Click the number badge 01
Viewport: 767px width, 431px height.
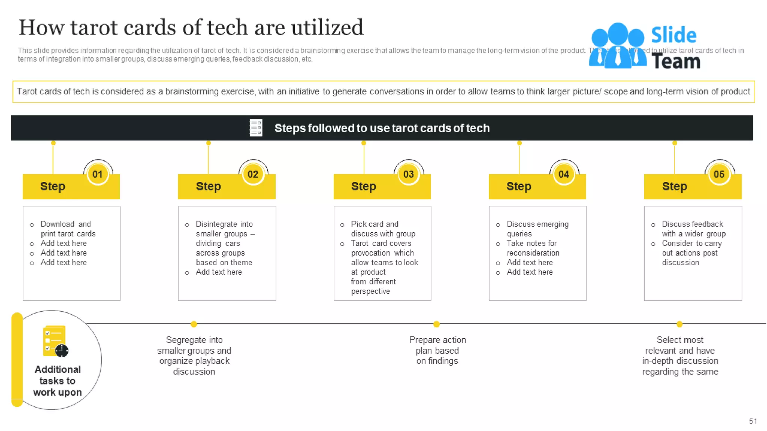point(97,174)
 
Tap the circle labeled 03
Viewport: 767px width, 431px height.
point(408,174)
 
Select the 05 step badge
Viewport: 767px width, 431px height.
point(719,174)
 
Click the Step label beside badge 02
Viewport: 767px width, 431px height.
point(208,186)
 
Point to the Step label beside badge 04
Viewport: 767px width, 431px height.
point(519,186)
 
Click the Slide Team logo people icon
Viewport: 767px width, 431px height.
point(618,46)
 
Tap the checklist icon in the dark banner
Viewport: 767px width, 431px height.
point(256,128)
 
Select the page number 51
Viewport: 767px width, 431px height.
point(753,421)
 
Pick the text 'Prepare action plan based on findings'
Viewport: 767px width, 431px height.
point(437,351)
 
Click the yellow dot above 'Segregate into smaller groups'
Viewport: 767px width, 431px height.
point(194,324)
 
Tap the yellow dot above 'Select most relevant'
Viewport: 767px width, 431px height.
point(679,324)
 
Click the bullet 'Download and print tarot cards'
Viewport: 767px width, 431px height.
point(68,229)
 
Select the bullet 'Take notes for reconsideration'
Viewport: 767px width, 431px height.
point(533,248)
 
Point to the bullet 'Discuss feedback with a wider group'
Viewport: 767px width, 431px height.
point(693,229)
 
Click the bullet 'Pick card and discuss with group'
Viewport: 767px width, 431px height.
point(383,229)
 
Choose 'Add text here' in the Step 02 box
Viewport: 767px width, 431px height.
point(219,272)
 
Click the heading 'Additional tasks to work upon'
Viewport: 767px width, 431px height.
point(58,381)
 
